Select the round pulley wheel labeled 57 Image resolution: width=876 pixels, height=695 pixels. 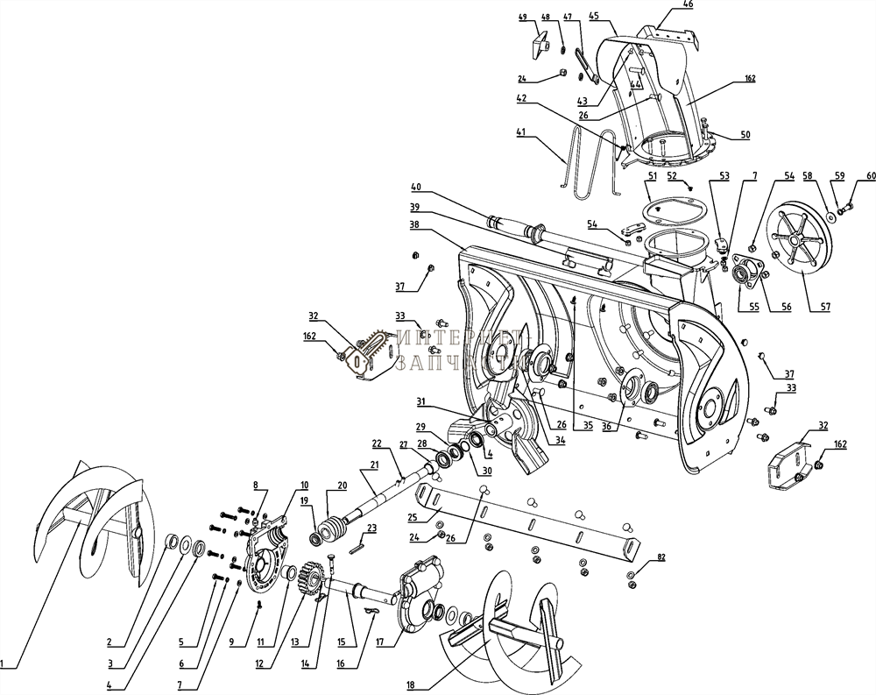(x=797, y=238)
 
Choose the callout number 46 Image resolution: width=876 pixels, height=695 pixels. (x=688, y=5)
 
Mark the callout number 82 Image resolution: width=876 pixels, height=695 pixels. (x=661, y=557)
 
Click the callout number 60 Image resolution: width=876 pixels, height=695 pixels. (x=871, y=177)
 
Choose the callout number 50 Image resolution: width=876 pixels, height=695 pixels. (x=745, y=134)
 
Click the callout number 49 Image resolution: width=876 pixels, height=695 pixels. (x=522, y=18)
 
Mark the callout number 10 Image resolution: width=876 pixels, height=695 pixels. (x=304, y=485)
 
